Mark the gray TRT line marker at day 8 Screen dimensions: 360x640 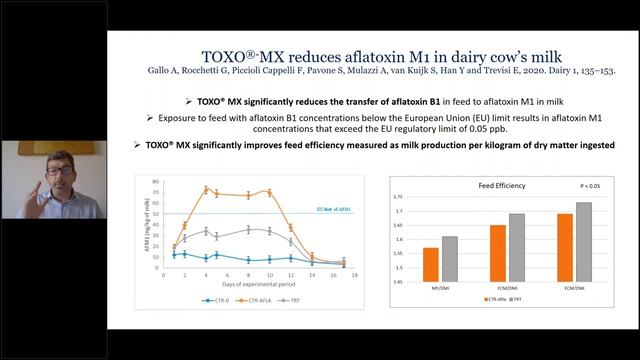(249, 230)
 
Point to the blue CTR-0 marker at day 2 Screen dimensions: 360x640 (184, 254)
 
